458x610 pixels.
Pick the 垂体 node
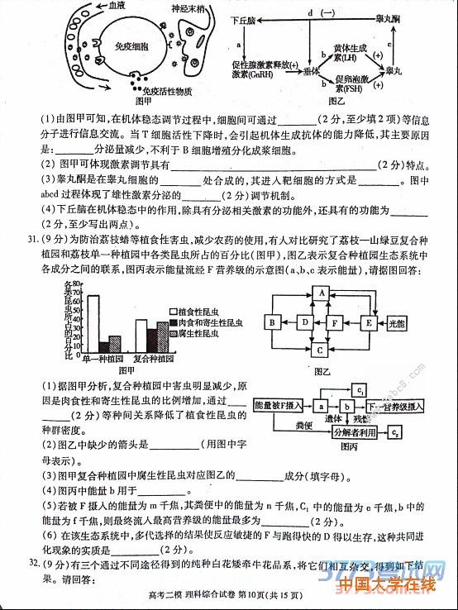pyautogui.click(x=312, y=73)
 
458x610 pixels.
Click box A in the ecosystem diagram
pyautogui.click(x=321, y=293)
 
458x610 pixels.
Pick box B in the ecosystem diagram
pyautogui.click(x=270, y=322)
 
